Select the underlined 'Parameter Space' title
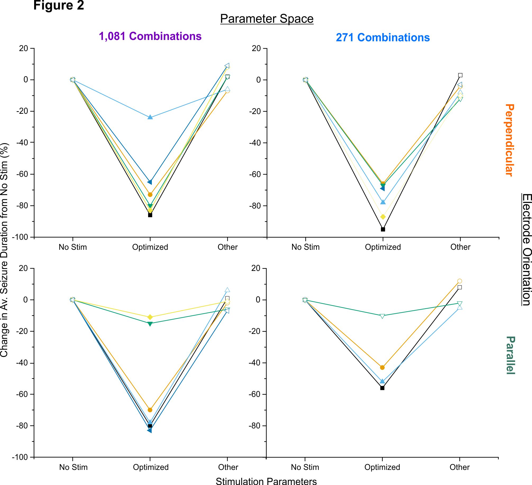pos(267,19)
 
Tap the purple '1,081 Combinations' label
pos(150,36)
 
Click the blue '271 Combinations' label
pos(383,38)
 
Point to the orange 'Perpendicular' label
pos(510,140)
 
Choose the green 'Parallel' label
pos(510,355)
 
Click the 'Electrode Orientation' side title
pos(527,250)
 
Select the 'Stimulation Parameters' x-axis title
pos(266,481)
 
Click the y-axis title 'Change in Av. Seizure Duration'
pos(4,250)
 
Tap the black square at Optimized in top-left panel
pos(150,215)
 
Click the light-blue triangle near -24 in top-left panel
pos(150,117)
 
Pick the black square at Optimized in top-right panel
pos(383,229)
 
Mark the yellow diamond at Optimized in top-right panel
pos(383,217)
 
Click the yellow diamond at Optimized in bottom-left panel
pos(150,317)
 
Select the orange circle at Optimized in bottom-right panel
pos(382,368)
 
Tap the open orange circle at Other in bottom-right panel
pos(460,281)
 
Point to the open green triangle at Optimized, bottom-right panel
pos(382,316)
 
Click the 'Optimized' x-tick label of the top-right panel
pos(383,247)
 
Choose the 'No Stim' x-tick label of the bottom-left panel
pos(73,467)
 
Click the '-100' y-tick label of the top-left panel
pos(20,237)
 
